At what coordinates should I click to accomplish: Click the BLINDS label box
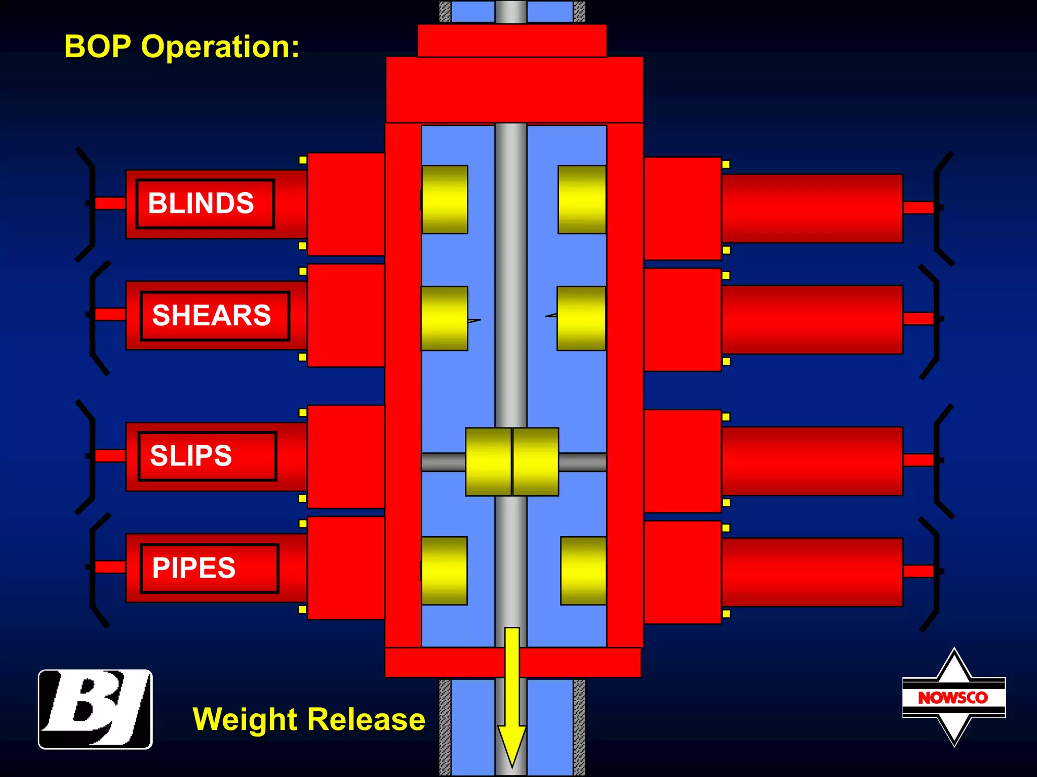click(205, 203)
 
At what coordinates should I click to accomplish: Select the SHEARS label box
click(215, 316)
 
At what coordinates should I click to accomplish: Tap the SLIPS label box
click(207, 456)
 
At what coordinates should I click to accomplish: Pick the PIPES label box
click(210, 568)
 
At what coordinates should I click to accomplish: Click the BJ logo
click(95, 709)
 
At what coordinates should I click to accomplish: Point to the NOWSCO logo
click(953, 697)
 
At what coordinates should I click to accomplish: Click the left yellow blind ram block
click(445, 199)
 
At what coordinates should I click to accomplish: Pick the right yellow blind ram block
click(582, 199)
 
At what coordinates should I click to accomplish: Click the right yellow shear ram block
click(581, 318)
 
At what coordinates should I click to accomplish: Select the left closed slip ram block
click(488, 461)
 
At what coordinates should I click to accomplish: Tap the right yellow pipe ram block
click(583, 571)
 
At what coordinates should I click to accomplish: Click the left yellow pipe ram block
click(444, 571)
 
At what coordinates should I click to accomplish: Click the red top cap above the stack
click(512, 40)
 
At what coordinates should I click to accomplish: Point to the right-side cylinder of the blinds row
click(812, 208)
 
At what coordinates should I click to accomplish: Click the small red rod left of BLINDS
click(110, 203)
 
